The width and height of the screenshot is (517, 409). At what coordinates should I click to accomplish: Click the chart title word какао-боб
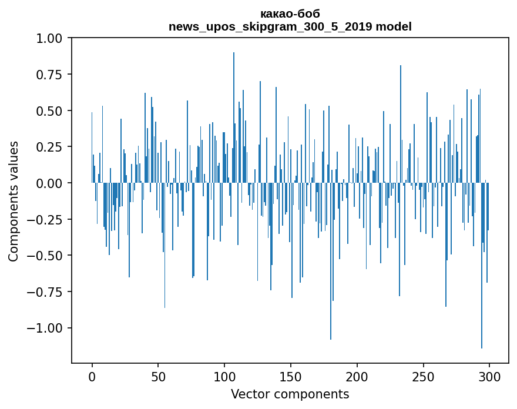pyautogui.click(x=290, y=14)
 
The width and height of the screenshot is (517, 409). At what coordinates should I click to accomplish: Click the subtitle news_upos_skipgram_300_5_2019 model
pyautogui.click(x=290, y=26)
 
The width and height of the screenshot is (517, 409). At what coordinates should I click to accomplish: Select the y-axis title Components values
pyautogui.click(x=13, y=201)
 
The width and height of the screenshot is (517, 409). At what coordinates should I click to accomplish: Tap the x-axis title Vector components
pyautogui.click(x=290, y=394)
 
